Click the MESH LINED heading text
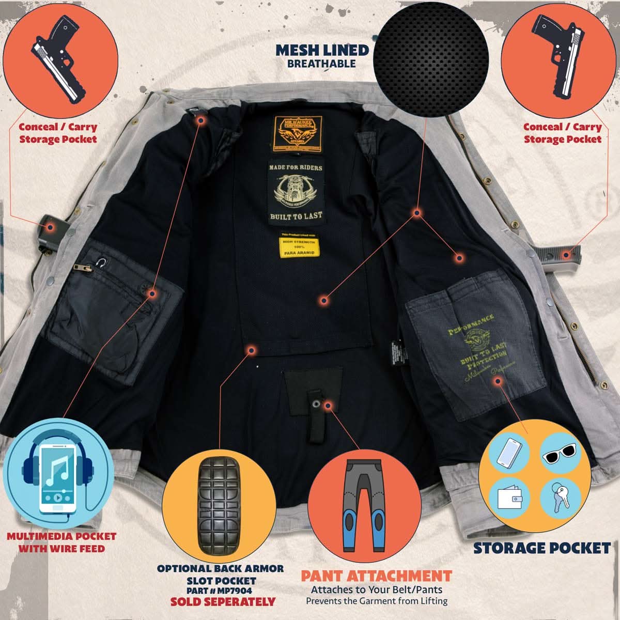click(322, 50)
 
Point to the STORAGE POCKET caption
click(542, 548)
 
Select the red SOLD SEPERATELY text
click(223, 601)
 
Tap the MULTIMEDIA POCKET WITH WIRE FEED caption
click(61, 542)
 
